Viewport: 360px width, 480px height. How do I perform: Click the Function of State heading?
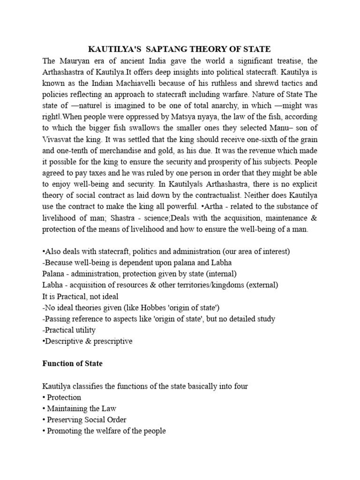72,363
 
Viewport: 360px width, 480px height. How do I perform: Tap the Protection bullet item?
64,397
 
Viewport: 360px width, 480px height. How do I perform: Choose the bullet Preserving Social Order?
87,420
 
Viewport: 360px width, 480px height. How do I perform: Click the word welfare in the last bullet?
109,431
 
